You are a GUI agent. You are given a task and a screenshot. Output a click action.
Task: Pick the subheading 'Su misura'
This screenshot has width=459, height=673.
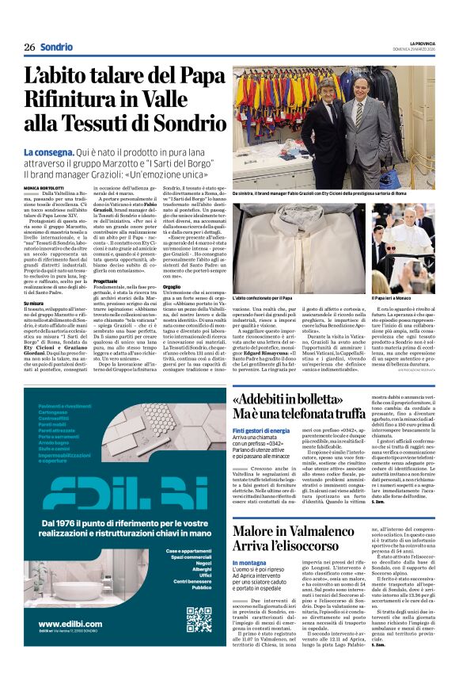click(x=34, y=302)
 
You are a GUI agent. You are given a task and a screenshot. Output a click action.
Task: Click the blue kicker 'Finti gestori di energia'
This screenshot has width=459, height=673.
click(x=260, y=430)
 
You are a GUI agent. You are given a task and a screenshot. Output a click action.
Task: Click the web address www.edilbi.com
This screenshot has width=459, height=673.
click(x=69, y=625)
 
